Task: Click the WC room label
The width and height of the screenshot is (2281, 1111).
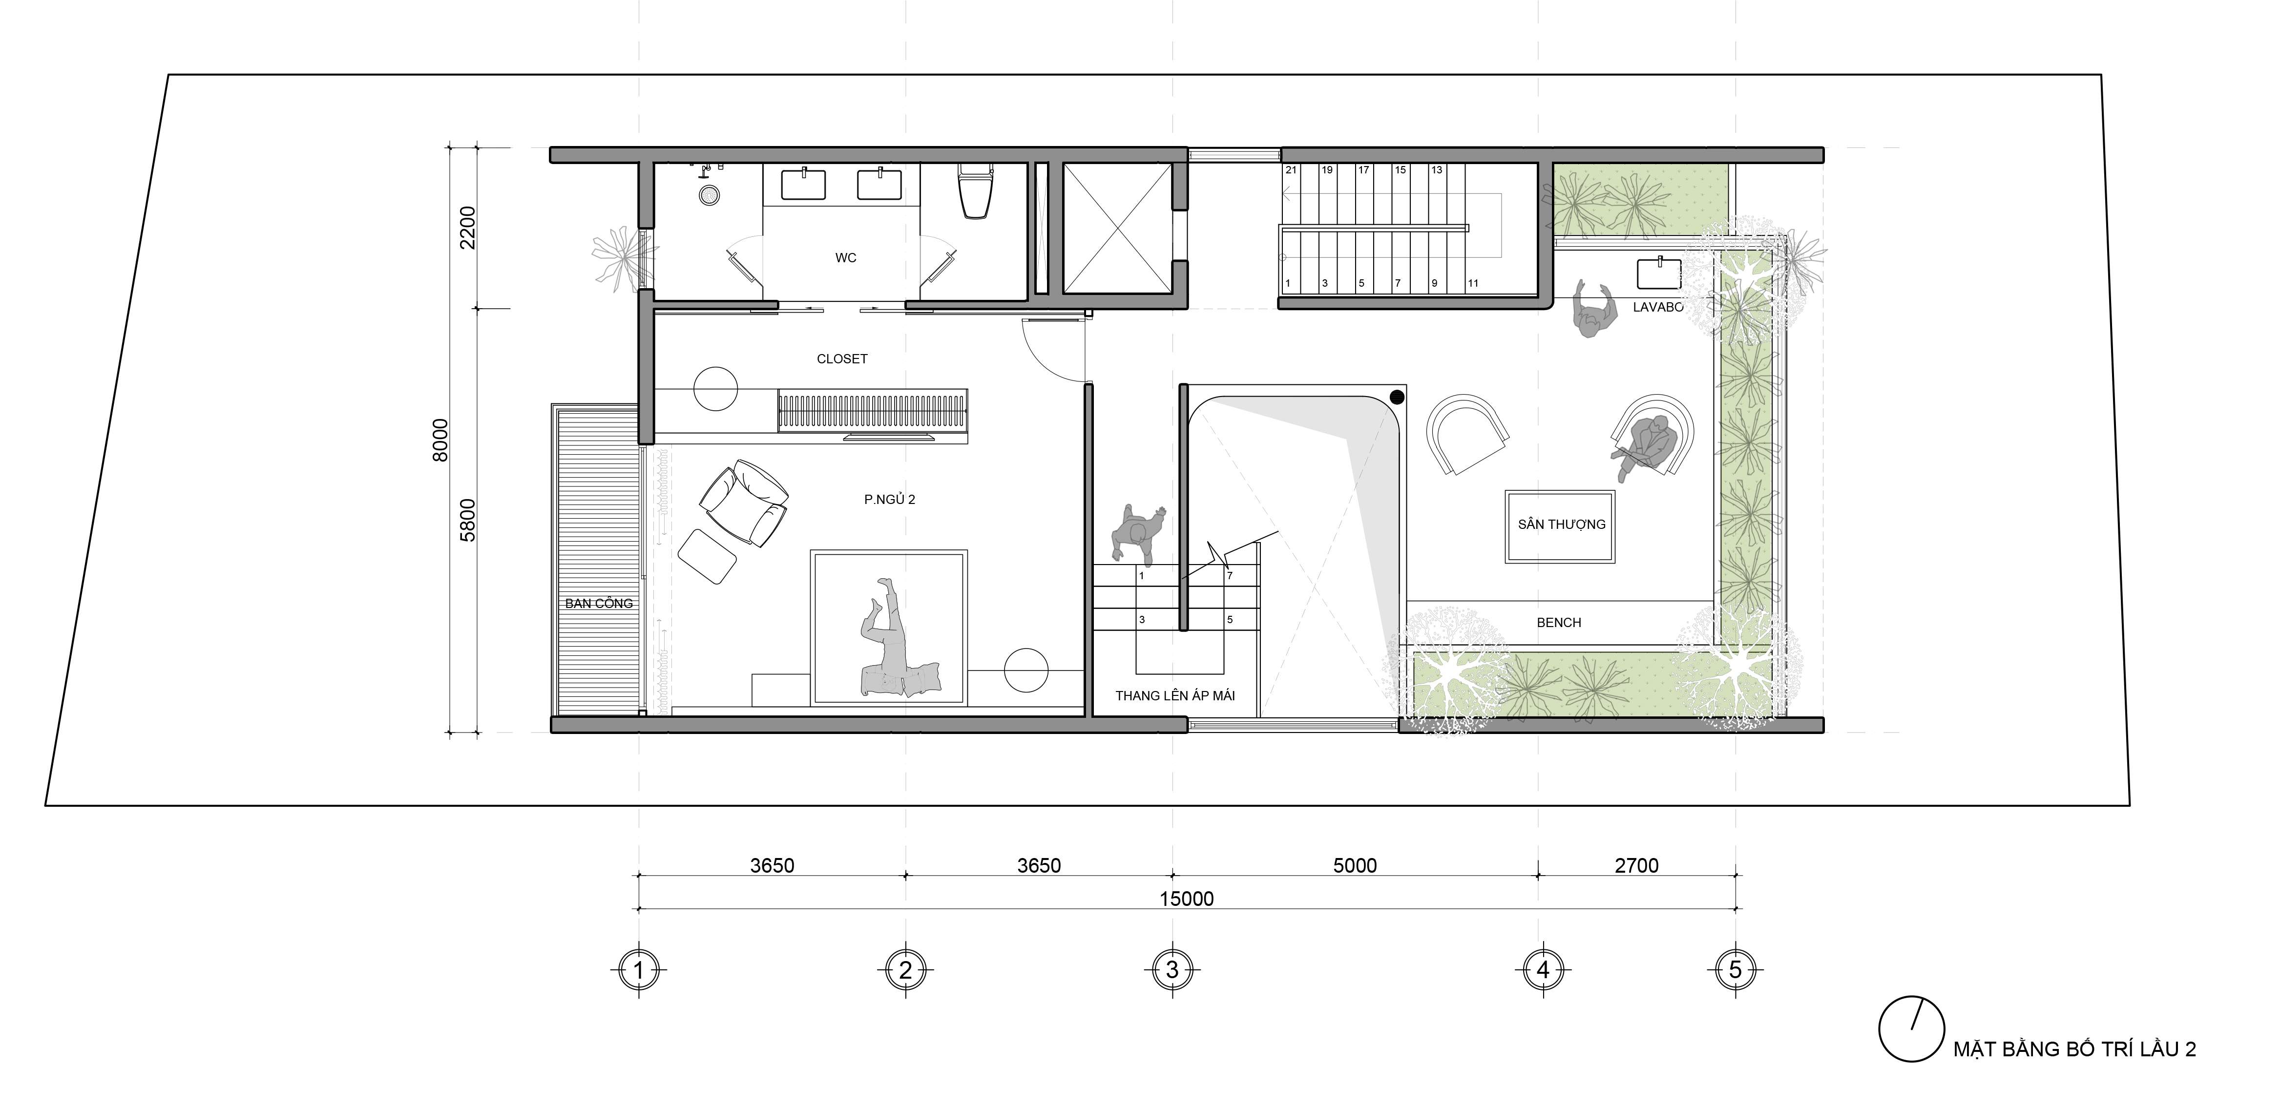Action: [x=846, y=258]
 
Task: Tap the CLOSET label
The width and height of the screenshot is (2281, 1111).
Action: [x=842, y=358]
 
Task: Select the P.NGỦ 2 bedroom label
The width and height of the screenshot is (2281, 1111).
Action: [x=890, y=499]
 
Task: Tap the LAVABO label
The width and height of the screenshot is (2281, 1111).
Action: [x=1657, y=307]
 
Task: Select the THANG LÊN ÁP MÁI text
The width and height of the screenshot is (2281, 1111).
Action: [x=1175, y=696]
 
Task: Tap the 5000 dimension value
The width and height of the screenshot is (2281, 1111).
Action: [x=1355, y=866]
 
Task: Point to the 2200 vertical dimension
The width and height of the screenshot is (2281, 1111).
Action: [x=467, y=228]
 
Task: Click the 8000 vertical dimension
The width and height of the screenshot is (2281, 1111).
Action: [x=440, y=440]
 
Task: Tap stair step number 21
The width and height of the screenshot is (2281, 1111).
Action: [x=1291, y=170]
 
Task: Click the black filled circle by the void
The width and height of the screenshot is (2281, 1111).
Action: [x=1397, y=397]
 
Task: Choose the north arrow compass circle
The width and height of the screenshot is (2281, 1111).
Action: [x=1911, y=1029]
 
